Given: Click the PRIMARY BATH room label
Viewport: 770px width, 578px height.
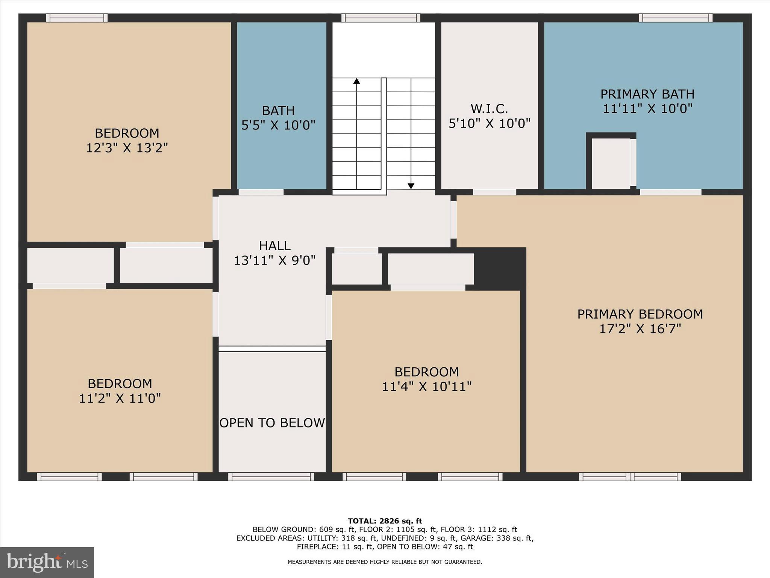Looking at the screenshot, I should click(647, 94).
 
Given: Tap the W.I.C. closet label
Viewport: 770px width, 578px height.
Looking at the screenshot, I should click(489, 109).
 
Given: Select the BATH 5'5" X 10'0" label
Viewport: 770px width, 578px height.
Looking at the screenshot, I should click(278, 118).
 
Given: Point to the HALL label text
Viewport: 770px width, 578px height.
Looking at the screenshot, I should click(274, 246).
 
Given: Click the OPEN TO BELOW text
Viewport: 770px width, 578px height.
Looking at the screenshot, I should click(272, 423).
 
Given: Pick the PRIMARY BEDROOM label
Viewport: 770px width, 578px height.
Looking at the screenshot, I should click(640, 314).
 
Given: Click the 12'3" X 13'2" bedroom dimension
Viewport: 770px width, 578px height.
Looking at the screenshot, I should click(127, 148).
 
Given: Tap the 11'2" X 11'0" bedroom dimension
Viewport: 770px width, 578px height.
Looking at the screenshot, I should click(120, 398).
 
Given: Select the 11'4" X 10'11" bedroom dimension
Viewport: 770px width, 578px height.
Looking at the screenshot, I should click(426, 386).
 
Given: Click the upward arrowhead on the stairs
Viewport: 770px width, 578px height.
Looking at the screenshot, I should click(356, 81).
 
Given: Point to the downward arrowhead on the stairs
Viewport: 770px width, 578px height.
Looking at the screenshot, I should click(411, 186).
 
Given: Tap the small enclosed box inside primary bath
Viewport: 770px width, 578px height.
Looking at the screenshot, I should click(611, 163).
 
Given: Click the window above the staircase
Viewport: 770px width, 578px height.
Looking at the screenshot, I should click(380, 18).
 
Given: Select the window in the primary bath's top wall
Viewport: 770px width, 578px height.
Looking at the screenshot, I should click(675, 18).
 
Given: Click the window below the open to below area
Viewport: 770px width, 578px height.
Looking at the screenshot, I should click(271, 477).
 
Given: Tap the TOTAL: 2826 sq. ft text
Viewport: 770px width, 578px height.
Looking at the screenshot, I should click(385, 521).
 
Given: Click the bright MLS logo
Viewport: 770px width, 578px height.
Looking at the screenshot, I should click(47, 563).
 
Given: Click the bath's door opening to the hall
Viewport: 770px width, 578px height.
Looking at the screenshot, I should click(261, 192).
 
